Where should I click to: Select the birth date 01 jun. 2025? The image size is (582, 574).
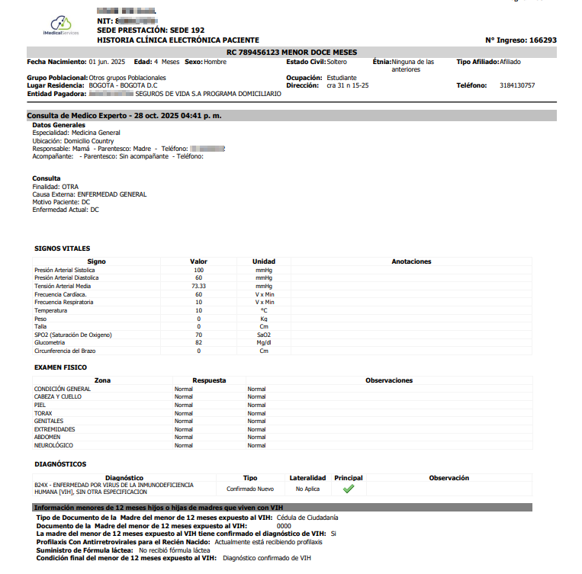[x=107, y=62]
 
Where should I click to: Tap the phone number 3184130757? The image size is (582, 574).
[x=517, y=85]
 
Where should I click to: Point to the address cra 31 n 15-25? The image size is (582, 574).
[x=348, y=85]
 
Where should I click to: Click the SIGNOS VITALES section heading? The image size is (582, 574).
[x=62, y=249]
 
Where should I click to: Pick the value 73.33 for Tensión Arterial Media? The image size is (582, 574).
[x=198, y=287]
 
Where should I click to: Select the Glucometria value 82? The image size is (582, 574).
[x=198, y=343]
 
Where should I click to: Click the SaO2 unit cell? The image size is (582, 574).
[x=264, y=335]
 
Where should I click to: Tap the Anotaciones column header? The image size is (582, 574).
[x=411, y=261]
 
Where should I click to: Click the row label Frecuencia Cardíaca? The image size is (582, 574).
[x=60, y=294]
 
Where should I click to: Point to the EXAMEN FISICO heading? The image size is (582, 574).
[x=60, y=367]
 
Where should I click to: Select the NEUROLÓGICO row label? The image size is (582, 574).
[x=53, y=445]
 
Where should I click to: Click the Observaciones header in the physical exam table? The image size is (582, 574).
[x=389, y=380]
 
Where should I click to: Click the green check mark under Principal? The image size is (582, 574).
[x=349, y=489]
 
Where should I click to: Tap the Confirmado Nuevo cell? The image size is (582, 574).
[x=249, y=489]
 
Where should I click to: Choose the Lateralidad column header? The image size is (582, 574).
[x=307, y=478]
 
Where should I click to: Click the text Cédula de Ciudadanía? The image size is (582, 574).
[x=307, y=518]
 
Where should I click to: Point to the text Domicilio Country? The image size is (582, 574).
[x=88, y=141]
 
